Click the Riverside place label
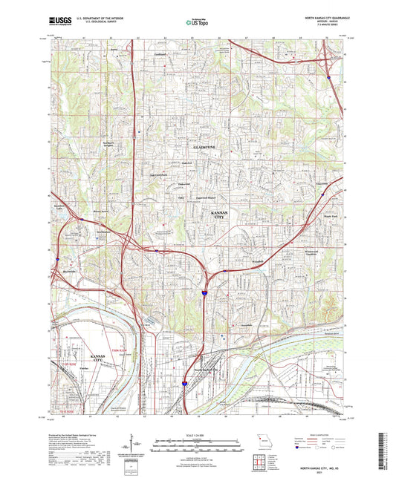pos(68,272)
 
